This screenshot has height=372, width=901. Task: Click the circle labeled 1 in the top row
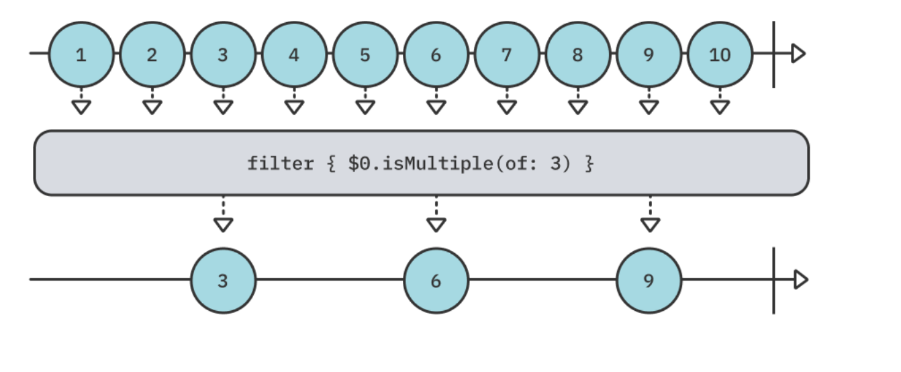pyautogui.click(x=81, y=54)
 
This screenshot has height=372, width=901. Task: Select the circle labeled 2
pyautogui.click(x=152, y=54)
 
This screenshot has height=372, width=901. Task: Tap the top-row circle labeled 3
pyautogui.click(x=223, y=54)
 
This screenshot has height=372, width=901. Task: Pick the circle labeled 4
pyautogui.click(x=294, y=54)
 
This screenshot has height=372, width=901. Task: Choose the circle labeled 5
pyautogui.click(x=365, y=54)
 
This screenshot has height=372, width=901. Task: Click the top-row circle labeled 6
pyautogui.click(x=436, y=54)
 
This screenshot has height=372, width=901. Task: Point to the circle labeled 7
pyautogui.click(x=507, y=54)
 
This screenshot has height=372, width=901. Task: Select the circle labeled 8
pyautogui.click(x=578, y=54)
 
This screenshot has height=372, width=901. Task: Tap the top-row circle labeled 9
pyautogui.click(x=649, y=54)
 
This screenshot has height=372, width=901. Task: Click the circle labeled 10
pyautogui.click(x=720, y=54)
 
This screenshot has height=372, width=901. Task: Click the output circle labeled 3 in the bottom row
pyautogui.click(x=223, y=281)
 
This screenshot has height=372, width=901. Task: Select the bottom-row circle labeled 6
pyautogui.click(x=436, y=281)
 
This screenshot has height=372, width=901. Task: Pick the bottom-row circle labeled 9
pyautogui.click(x=649, y=281)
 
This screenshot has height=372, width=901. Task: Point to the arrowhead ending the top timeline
pyautogui.click(x=798, y=54)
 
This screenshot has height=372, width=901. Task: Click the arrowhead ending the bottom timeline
pyautogui.click(x=800, y=279)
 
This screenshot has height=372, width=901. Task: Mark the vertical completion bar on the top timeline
pyautogui.click(x=773, y=54)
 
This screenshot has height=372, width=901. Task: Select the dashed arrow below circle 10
pyautogui.click(x=720, y=101)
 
